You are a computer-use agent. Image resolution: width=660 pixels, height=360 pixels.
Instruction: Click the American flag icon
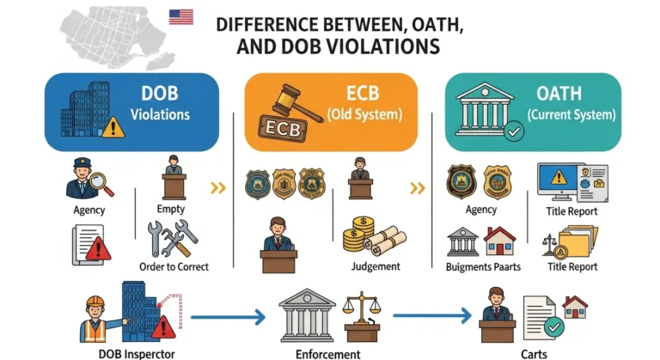[x=180, y=16]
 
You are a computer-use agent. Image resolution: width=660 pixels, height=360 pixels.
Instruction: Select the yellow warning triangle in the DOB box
[x=113, y=127]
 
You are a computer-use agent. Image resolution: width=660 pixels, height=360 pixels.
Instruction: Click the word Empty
[x=172, y=208]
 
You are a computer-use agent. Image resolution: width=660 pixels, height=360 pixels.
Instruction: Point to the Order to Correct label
[x=174, y=266]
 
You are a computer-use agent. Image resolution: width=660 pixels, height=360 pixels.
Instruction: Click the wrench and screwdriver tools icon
[x=172, y=239]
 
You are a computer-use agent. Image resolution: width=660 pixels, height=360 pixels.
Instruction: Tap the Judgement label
[x=376, y=266]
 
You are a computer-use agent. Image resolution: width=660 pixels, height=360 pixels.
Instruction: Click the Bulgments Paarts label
[x=483, y=267]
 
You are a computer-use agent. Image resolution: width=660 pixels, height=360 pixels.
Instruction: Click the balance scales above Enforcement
[x=361, y=314]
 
